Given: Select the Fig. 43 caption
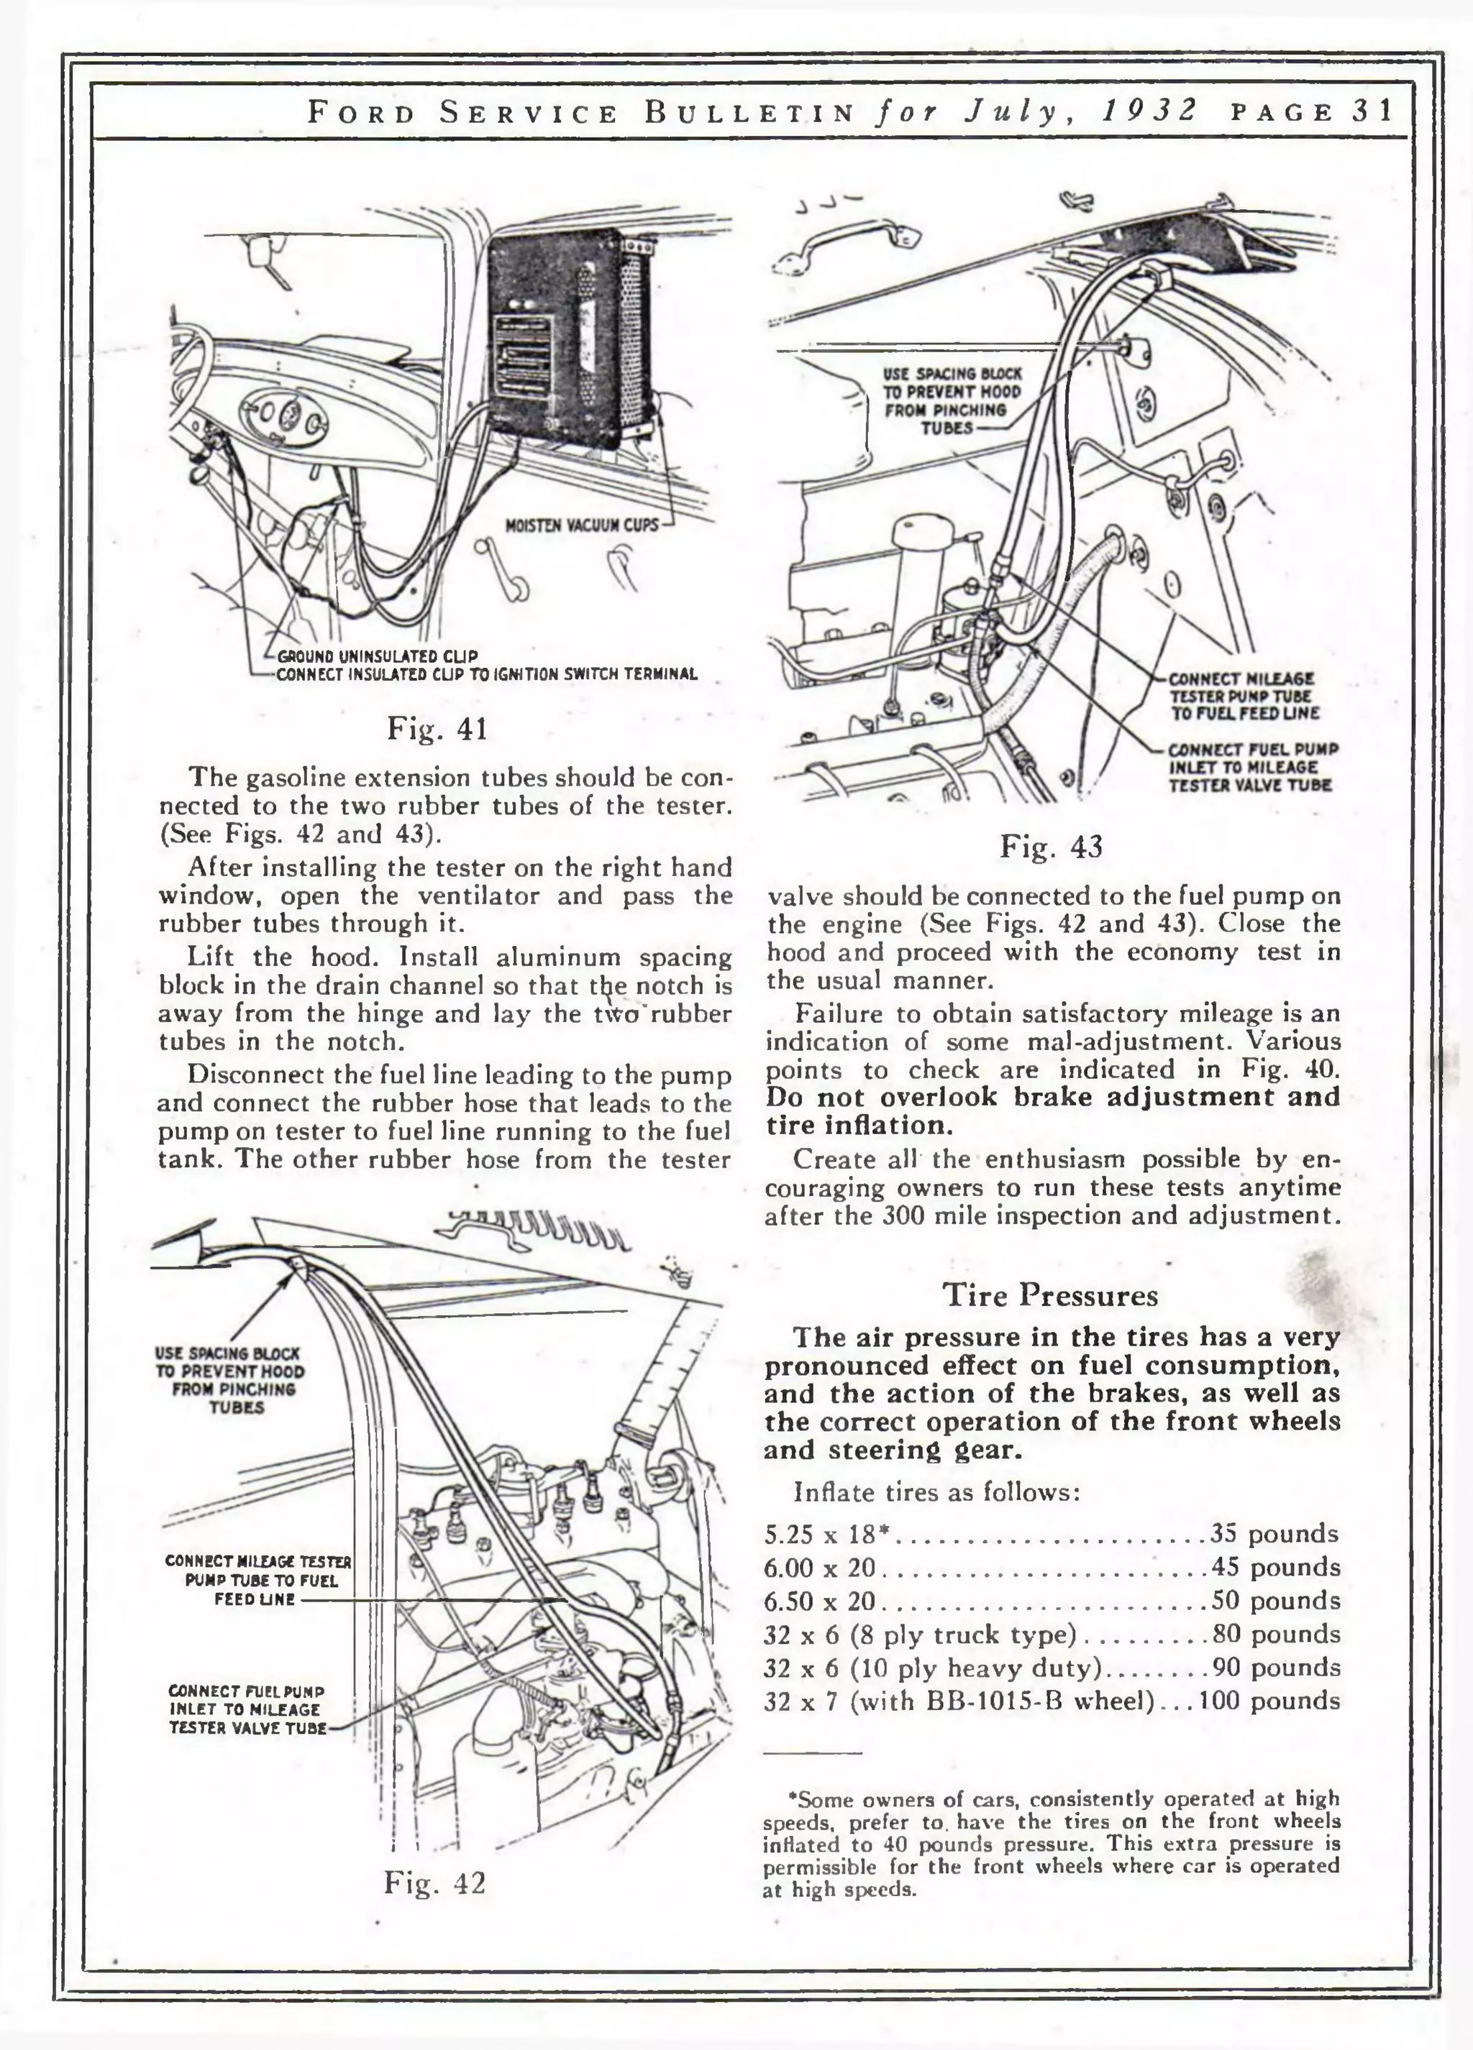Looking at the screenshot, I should click(1051, 847).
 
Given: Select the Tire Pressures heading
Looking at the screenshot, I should click(1050, 1295).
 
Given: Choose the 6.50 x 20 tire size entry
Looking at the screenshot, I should click(819, 1601).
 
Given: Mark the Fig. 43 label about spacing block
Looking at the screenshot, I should click(952, 400).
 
